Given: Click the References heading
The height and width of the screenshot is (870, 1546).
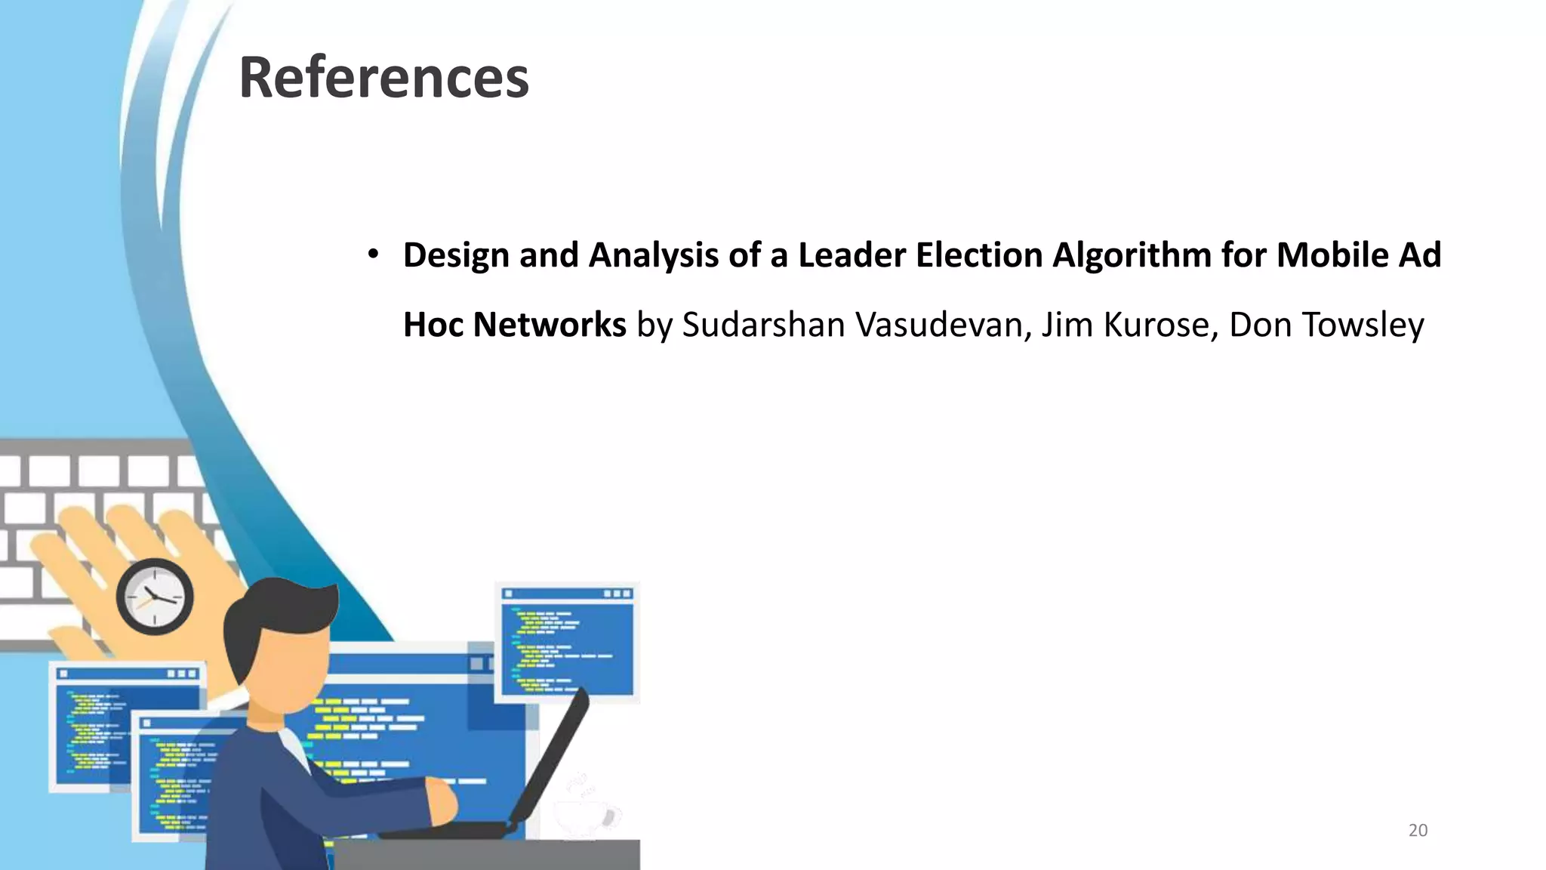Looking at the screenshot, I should pos(383,78).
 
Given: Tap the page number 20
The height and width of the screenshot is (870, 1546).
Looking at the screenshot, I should pos(1418,831).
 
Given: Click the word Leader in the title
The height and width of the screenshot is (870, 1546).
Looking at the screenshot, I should pos(852,255).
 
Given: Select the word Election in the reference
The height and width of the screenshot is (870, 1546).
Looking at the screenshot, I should pos(978,255).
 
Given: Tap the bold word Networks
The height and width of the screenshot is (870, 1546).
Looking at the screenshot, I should pos(549,325).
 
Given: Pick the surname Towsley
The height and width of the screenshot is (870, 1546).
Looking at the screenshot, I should pos(1363,325).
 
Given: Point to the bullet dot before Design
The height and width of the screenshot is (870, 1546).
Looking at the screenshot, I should pos(373,255).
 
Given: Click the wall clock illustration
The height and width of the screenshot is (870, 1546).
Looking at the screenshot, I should pos(155,597).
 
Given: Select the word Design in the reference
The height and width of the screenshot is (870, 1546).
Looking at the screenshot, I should pos(456,255).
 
